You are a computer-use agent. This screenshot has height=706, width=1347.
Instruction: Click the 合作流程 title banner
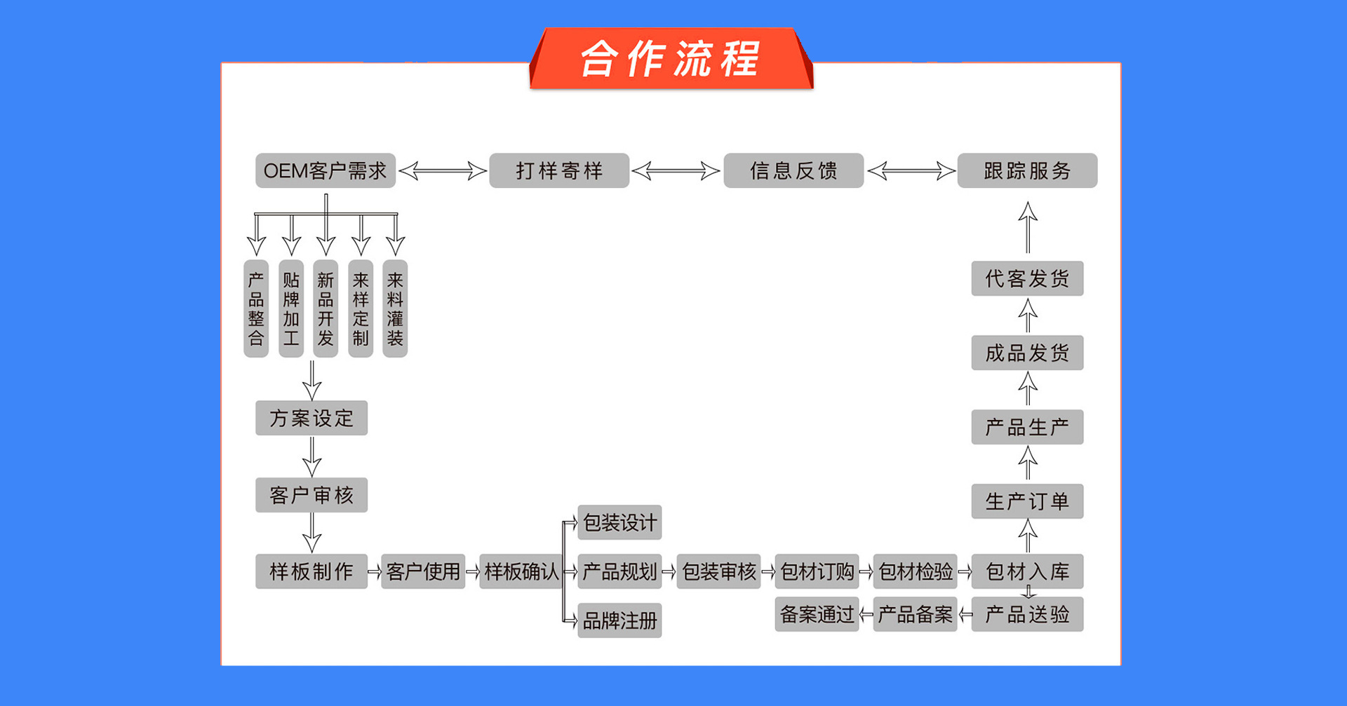tap(671, 59)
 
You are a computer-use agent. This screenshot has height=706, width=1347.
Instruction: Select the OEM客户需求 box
tap(325, 170)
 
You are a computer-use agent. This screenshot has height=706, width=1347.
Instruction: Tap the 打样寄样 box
tap(559, 170)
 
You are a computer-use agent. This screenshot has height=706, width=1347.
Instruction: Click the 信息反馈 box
tap(793, 170)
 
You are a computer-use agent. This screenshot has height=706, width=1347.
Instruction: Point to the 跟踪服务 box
tap(1027, 170)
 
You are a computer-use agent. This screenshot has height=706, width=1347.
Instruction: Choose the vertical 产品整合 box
tap(256, 308)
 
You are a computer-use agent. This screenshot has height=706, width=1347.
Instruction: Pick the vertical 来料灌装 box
tap(395, 308)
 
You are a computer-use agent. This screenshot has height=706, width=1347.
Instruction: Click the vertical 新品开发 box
tap(326, 308)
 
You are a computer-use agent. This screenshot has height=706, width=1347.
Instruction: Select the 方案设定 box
tap(311, 419)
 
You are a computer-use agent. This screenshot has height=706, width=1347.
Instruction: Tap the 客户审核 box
tap(311, 496)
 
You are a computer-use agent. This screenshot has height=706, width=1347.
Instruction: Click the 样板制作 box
tap(311, 571)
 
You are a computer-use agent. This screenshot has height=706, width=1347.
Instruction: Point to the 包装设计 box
tap(619, 522)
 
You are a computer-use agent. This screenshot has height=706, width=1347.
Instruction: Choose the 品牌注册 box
tap(619, 620)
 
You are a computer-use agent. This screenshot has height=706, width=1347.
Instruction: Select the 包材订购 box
tap(817, 571)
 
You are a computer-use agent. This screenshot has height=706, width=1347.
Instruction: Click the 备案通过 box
tap(817, 615)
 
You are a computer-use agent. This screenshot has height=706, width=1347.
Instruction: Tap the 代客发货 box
tap(1027, 278)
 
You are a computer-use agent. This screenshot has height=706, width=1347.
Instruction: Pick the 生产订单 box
tap(1027, 501)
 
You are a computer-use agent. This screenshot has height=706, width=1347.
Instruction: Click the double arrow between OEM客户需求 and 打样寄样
tap(443, 170)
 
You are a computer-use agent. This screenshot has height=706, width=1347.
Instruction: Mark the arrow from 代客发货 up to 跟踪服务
tap(1028, 227)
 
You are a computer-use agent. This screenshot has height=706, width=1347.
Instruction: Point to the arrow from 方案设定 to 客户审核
tap(312, 456)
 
